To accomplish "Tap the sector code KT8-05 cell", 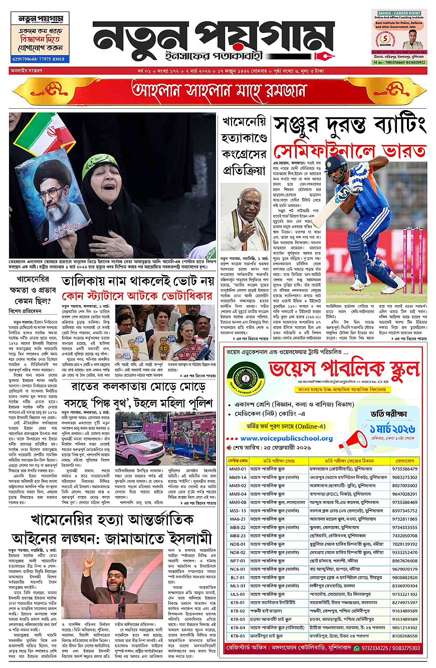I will coord(237,635).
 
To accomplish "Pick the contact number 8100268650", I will coord(405,635).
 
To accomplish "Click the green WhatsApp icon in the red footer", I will coord(357,647).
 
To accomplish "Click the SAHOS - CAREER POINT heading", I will coord(399,12).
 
